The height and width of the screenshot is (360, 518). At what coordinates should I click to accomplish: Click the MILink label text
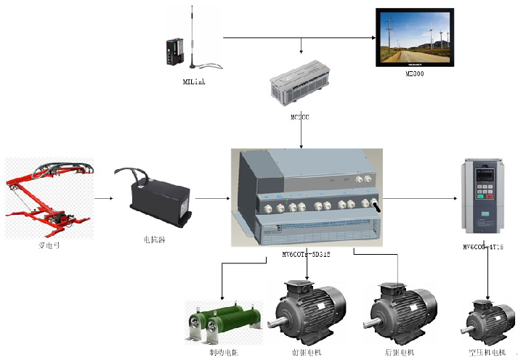coord(194,82)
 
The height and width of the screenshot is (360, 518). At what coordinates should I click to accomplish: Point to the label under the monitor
coord(415,74)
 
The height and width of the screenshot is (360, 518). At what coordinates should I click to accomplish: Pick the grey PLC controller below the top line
coord(300,85)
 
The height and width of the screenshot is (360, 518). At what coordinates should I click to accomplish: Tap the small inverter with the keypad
coord(483,192)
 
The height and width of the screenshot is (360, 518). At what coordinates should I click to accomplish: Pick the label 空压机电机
coord(487,352)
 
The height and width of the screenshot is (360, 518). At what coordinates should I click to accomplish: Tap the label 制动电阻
coord(222,352)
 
